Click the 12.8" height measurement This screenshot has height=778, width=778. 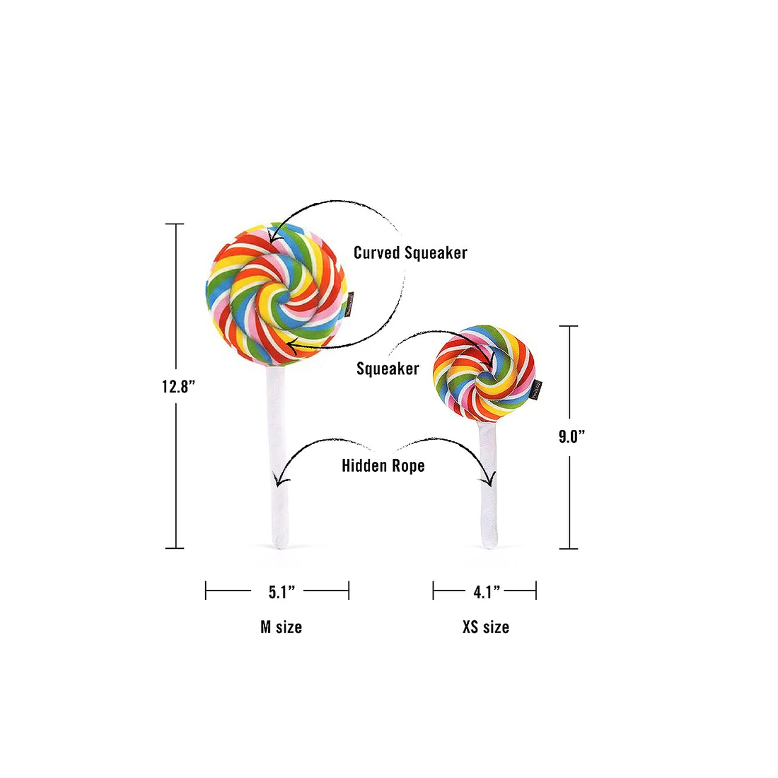click(x=178, y=386)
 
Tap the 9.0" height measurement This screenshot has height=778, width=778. click(x=571, y=436)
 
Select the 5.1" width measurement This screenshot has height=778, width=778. click(x=281, y=591)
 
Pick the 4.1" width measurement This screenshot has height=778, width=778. click(x=487, y=591)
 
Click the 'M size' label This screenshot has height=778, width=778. click(x=281, y=627)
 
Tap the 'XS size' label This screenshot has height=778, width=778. click(x=486, y=627)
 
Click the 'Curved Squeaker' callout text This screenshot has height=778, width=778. click(x=410, y=252)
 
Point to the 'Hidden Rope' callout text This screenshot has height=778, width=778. click(x=383, y=465)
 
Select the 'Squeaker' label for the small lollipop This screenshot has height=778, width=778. click(x=388, y=368)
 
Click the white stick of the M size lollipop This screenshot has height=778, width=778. click(x=277, y=456)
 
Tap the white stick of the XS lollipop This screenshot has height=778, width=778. click(x=488, y=484)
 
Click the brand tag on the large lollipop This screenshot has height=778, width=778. click(x=350, y=302)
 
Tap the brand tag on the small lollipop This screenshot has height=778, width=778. click(x=536, y=390)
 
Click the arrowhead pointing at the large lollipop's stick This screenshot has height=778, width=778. click(x=281, y=479)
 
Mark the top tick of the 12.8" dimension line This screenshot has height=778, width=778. click(x=174, y=224)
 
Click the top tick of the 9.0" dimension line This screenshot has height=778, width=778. click(x=569, y=326)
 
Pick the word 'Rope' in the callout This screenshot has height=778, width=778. click(x=408, y=466)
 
